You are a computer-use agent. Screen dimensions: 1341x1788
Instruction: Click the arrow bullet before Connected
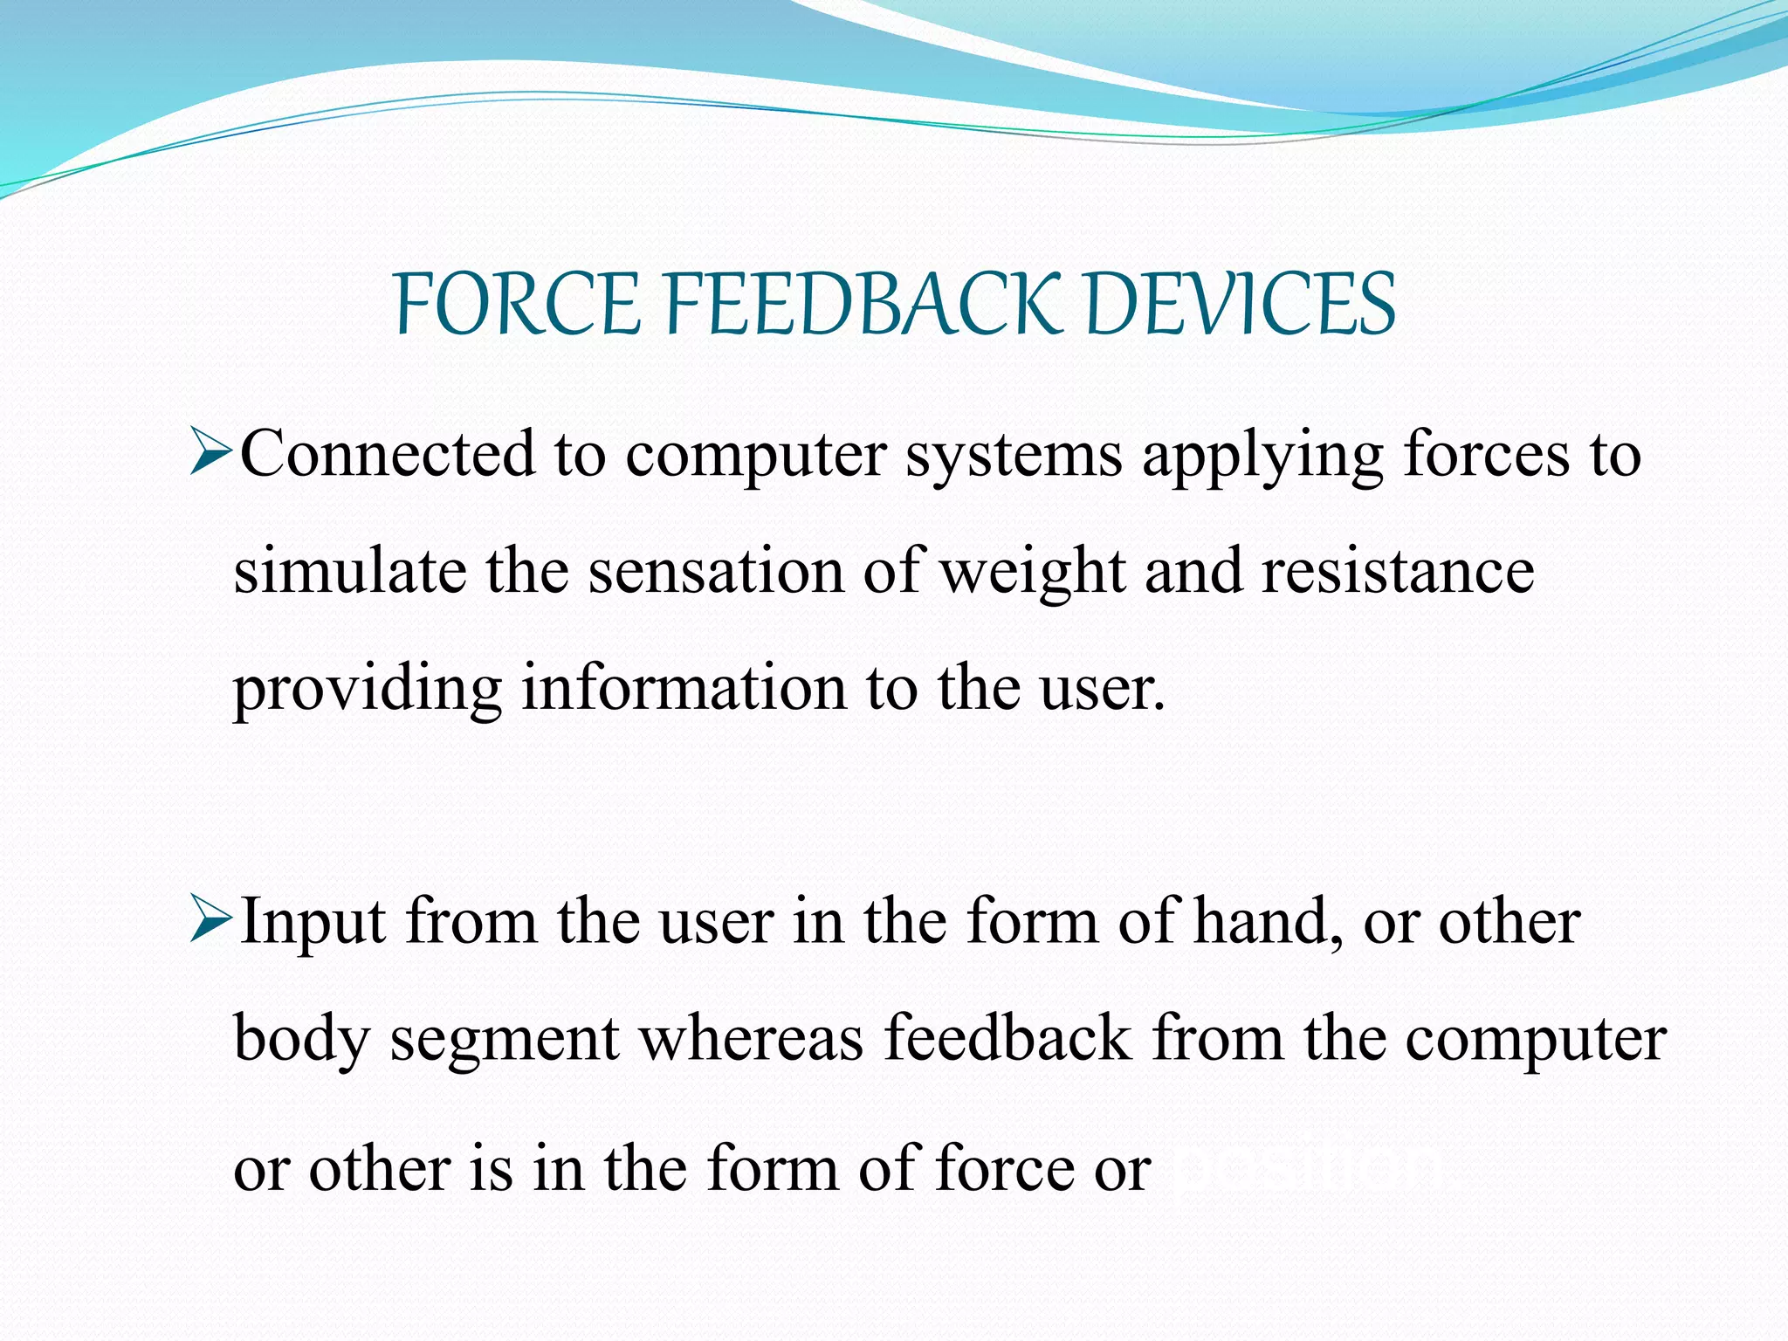[x=210, y=455]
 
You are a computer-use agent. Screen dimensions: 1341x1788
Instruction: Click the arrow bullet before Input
[x=210, y=922]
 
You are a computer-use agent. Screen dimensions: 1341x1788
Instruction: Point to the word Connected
[x=387, y=455]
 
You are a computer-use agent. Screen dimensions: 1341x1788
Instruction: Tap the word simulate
[x=348, y=572]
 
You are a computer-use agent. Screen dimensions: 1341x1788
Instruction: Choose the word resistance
[x=1397, y=572]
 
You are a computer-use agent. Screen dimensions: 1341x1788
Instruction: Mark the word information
[x=684, y=689]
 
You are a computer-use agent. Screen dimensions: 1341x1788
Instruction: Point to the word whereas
[x=752, y=1039]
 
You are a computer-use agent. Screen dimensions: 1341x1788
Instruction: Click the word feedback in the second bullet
[x=1007, y=1039]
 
